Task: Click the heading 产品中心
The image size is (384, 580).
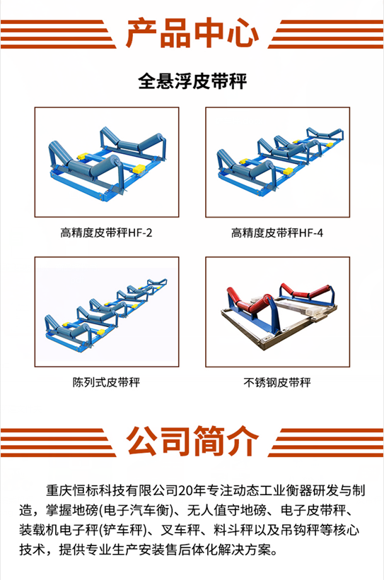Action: tap(192, 33)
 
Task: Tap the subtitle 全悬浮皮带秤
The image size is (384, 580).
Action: tap(192, 81)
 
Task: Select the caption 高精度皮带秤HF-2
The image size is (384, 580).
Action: tap(106, 232)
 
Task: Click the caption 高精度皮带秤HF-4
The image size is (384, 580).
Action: tap(277, 232)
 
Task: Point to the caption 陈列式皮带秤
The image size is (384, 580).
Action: tap(106, 382)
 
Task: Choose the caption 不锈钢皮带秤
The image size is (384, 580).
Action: tap(277, 382)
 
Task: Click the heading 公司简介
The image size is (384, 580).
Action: tap(192, 441)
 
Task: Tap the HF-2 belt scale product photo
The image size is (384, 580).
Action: tap(107, 162)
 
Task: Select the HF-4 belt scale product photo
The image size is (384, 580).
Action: tap(278, 162)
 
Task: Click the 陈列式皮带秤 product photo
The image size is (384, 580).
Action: tap(107, 312)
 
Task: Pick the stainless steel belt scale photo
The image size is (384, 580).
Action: tap(278, 312)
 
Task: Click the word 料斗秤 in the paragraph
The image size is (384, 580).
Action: tap(233, 530)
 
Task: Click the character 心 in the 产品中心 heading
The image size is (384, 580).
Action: tap(243, 33)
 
